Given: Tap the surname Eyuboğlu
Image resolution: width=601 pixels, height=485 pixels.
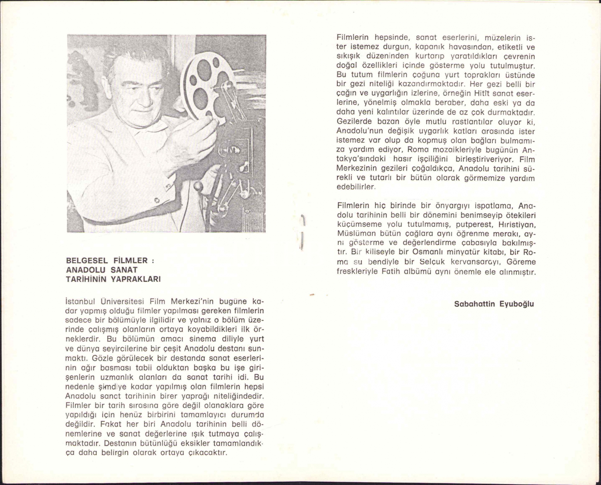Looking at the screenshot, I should pos(516,304).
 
